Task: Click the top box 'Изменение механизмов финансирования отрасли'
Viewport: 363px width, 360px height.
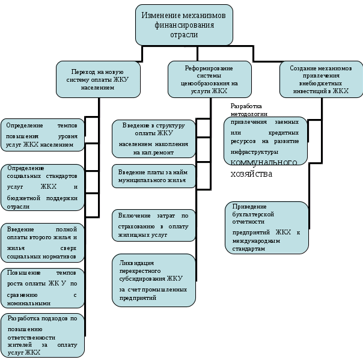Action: (x=184, y=25)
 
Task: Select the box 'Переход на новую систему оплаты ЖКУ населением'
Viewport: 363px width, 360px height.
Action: (x=98, y=79)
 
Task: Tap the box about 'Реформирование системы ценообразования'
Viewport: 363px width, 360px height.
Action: (x=210, y=79)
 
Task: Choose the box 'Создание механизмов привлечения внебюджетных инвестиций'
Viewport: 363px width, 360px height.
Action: (x=322, y=79)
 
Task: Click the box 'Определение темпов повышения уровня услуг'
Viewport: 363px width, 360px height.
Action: (x=43, y=135)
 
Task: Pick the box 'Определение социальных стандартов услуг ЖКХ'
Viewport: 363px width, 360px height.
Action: (x=43, y=188)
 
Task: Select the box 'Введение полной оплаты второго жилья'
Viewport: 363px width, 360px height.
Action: (x=43, y=243)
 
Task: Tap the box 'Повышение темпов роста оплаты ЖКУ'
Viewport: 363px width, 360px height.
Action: (x=43, y=288)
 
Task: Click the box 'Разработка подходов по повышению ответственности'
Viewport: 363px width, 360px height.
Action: (x=43, y=335)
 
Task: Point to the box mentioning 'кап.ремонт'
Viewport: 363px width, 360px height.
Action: (x=154, y=139)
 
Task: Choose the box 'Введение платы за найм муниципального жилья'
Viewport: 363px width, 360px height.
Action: (x=154, y=176)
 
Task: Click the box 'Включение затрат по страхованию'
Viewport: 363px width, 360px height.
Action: (x=154, y=225)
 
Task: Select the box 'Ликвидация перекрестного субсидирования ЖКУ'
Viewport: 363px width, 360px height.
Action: (x=154, y=280)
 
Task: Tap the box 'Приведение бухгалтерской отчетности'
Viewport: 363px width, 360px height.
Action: (x=267, y=228)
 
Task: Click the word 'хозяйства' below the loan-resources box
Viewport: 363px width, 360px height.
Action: (x=251, y=174)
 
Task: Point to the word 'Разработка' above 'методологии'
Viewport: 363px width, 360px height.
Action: (x=246, y=106)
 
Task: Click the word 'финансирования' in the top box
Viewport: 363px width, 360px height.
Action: (x=185, y=25)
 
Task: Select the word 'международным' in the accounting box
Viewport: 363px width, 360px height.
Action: (x=256, y=241)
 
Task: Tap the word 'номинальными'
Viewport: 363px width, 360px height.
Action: (x=29, y=304)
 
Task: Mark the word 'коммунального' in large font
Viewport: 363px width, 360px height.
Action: (x=264, y=162)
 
